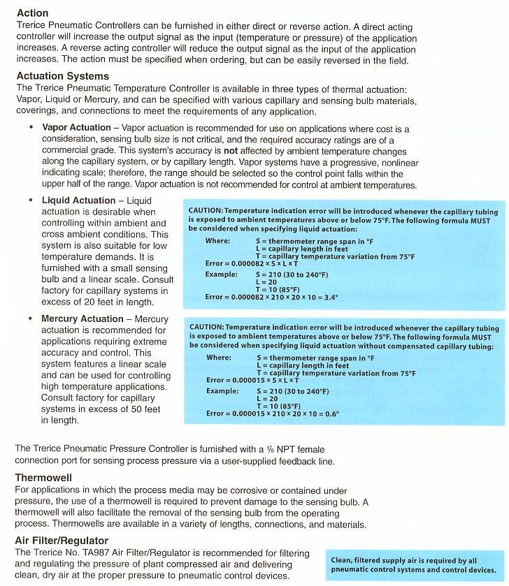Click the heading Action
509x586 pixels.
coord(32,13)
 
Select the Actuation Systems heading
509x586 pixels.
coord(62,75)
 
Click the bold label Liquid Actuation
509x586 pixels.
coord(78,200)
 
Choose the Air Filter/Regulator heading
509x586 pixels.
coord(62,541)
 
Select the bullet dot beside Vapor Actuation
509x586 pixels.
coord(31,129)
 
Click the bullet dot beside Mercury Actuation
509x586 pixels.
coord(31,319)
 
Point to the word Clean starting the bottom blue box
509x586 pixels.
coord(343,560)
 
